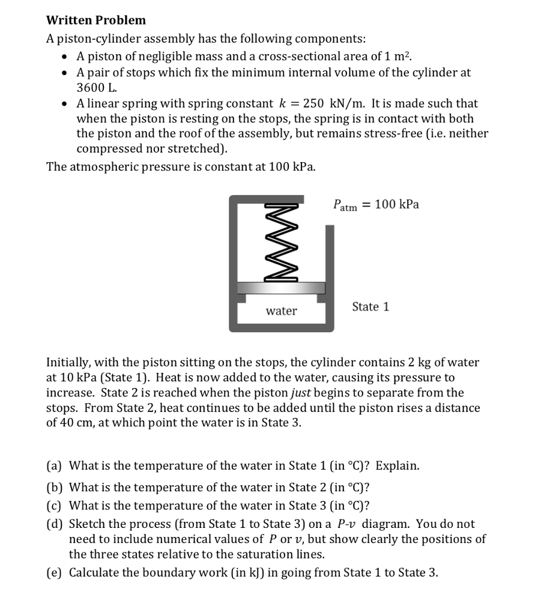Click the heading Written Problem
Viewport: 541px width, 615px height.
(96, 20)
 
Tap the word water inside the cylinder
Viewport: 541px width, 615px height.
(281, 311)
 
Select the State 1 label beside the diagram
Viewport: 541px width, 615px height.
(370, 307)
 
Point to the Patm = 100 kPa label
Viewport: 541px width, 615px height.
(376, 205)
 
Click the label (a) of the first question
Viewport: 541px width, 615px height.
(55, 465)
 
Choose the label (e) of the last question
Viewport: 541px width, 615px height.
(55, 572)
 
